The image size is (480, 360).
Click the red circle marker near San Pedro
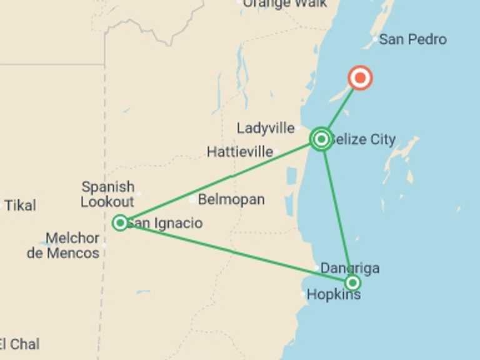(x=360, y=79)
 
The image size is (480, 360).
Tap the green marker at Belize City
(x=321, y=139)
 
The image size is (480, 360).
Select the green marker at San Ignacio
(x=120, y=222)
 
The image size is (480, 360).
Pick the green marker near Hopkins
(x=352, y=282)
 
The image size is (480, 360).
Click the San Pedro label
(x=412, y=39)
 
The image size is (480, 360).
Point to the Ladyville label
(x=266, y=128)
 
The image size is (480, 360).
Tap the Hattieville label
(x=240, y=151)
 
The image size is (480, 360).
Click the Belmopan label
(x=231, y=200)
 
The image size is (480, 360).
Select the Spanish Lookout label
(x=108, y=194)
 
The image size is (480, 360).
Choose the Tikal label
(x=21, y=205)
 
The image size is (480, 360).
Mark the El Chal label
(x=19, y=344)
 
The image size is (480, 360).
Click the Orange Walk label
(x=284, y=4)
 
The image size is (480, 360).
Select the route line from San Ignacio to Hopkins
(x=237, y=252)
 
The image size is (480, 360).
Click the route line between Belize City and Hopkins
(x=337, y=212)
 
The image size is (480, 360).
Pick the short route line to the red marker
(x=341, y=109)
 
